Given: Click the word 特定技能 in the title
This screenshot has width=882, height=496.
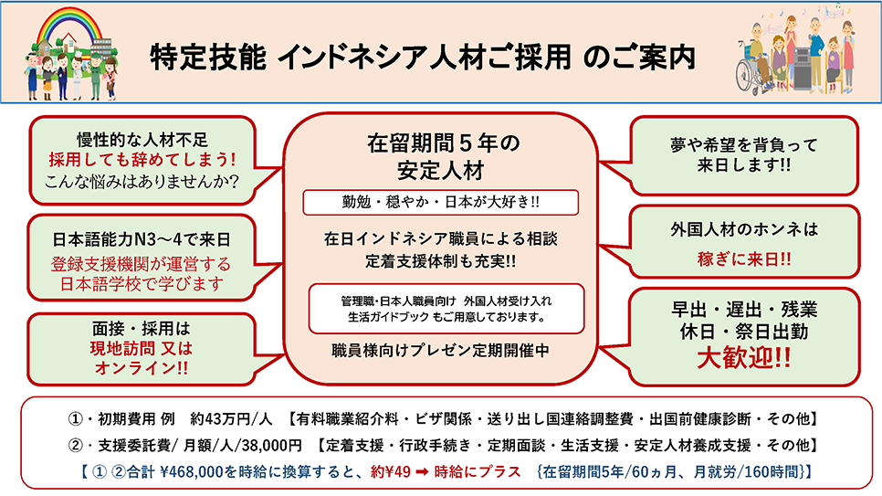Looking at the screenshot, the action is [207, 57].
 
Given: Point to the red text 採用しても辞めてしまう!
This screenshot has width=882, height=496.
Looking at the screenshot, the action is [142, 160].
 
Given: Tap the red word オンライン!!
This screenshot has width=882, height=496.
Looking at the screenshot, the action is [142, 368].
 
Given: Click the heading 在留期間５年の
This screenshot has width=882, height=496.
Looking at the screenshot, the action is [443, 143].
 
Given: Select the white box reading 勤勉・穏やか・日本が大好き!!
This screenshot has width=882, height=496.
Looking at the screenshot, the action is [440, 202].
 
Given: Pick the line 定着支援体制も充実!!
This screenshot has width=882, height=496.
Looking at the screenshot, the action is [440, 261].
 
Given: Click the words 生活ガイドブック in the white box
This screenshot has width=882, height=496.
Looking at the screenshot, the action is [388, 317].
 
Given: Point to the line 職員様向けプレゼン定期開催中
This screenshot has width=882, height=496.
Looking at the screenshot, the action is [440, 351].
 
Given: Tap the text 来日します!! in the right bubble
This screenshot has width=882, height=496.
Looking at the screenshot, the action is [743, 165].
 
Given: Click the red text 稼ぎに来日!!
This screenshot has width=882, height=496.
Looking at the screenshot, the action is [743, 259].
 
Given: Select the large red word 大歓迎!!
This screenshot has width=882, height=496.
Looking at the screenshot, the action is [743, 357].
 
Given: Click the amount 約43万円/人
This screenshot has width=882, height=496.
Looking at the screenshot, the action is [231, 419].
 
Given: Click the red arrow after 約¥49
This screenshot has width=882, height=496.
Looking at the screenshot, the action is [423, 471].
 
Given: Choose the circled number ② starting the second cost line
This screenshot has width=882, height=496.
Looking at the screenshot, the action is [76, 446].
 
